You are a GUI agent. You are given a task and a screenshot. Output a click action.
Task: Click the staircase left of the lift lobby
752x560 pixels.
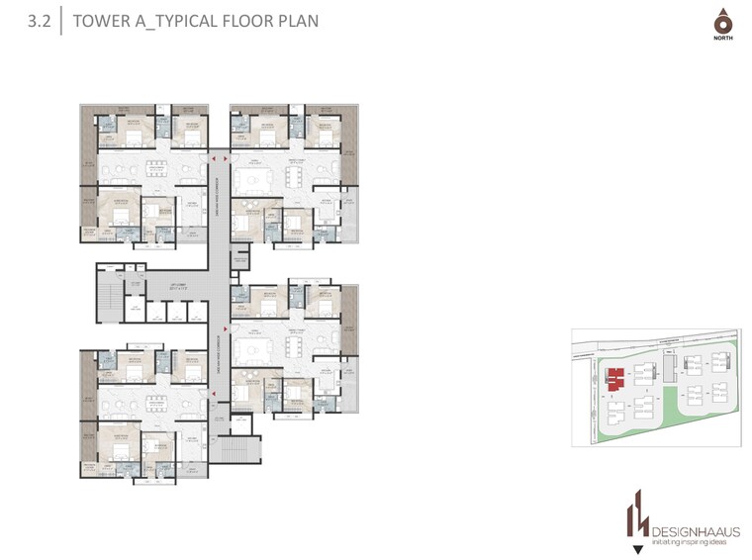pos(108,294)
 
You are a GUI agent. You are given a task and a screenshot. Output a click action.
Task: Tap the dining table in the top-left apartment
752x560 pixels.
pos(154,167)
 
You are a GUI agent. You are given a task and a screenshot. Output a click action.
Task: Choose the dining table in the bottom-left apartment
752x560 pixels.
pos(154,403)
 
